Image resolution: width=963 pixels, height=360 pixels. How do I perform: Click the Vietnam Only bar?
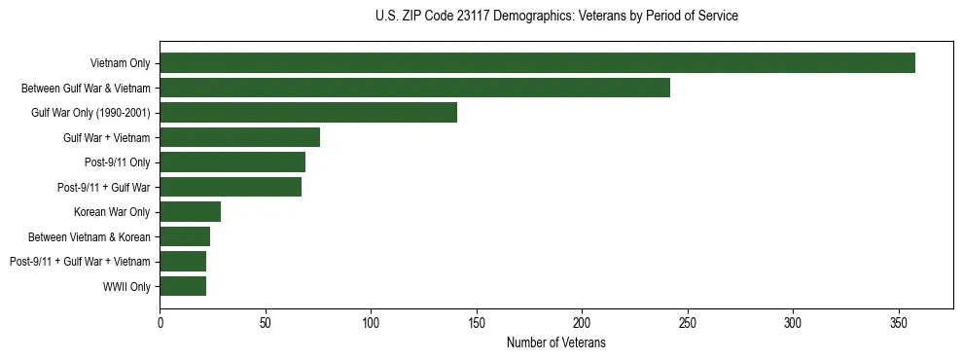[537, 63]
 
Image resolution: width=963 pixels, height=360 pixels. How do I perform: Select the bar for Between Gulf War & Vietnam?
[414, 88]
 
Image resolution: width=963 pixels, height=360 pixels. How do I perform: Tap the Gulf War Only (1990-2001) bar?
[308, 113]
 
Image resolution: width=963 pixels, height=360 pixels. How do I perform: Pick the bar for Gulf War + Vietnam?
[239, 137]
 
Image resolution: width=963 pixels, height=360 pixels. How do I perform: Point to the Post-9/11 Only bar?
[232, 162]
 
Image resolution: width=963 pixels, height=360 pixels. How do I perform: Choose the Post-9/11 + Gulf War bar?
[231, 187]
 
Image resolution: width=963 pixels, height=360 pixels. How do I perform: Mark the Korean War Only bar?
[190, 212]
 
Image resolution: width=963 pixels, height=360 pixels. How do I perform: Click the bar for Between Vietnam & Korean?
[185, 236]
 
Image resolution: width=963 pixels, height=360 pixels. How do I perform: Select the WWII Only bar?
[183, 286]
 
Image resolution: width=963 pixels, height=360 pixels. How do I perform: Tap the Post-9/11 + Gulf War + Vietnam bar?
[183, 262]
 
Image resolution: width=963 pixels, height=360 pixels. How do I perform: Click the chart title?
[556, 17]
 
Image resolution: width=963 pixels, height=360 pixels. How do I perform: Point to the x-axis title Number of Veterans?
[556, 342]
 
